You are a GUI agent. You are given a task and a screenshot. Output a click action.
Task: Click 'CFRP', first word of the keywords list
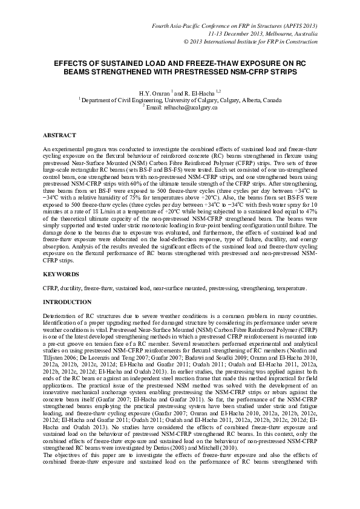pos(50,288)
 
